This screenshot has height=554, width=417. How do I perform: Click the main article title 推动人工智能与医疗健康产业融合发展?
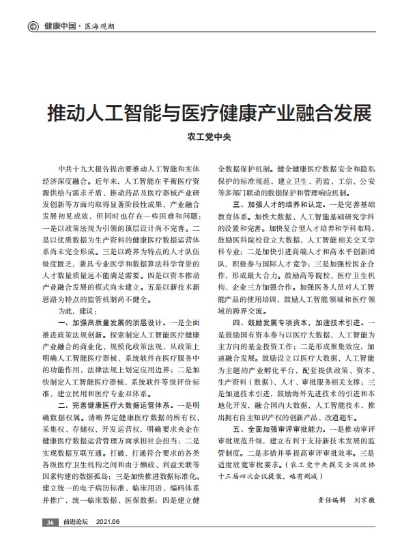tap(208, 111)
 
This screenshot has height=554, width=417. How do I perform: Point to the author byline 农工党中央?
tap(208, 137)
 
